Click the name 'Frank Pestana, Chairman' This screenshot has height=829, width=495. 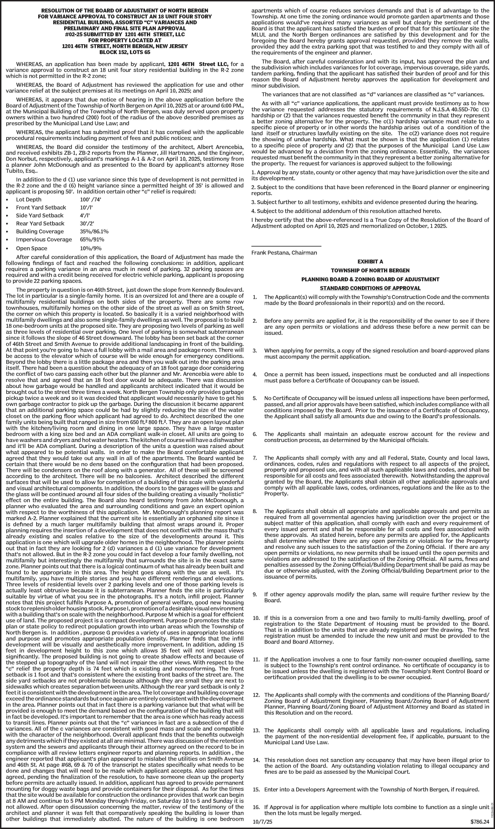pyautogui.click(x=284, y=253)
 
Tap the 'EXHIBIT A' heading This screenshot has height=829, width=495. pyautogui.click(x=370, y=262)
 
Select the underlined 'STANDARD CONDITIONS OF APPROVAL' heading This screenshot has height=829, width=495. pyautogui.click(x=370, y=288)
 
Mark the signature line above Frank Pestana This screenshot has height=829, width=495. pyautogui.click(x=286, y=246)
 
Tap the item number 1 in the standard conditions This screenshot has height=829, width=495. pyautogui.click(x=255, y=297)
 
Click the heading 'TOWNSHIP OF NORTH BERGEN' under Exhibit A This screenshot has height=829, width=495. pyautogui.click(x=370, y=270)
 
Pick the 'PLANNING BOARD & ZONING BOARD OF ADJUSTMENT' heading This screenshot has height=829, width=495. pyautogui.click(x=370, y=279)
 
